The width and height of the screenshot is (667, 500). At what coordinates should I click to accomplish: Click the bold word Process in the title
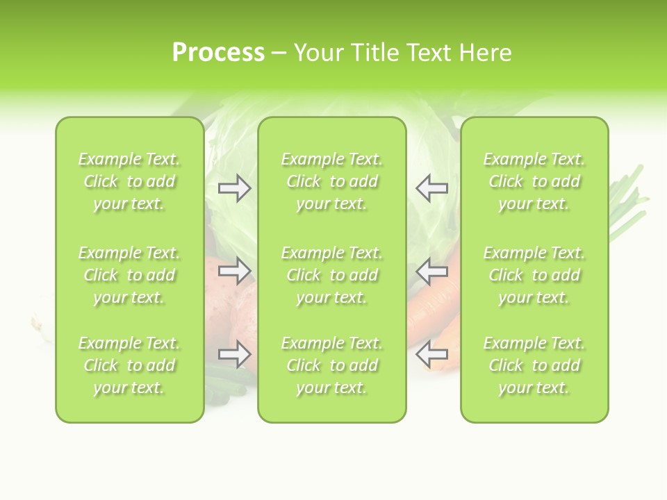[218, 53]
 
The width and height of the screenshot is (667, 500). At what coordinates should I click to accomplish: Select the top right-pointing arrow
[234, 187]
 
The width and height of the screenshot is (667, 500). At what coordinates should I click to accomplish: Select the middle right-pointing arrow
[234, 271]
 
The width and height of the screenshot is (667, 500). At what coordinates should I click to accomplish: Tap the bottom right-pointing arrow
[234, 355]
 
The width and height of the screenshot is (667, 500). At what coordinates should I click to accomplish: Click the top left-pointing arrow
[431, 187]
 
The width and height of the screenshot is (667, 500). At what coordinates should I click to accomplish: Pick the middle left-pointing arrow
[431, 271]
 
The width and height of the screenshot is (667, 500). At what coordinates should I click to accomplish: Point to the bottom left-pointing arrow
[431, 355]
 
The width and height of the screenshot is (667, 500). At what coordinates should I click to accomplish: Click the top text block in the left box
[129, 181]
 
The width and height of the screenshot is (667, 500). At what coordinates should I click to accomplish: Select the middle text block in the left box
[129, 275]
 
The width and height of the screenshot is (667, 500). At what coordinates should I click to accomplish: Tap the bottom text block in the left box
[129, 365]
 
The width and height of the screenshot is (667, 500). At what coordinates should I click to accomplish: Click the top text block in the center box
[331, 181]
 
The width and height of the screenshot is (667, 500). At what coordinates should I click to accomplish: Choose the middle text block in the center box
[331, 275]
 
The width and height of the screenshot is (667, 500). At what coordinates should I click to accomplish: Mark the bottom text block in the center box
[331, 365]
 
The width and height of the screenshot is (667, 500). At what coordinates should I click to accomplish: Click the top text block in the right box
[534, 181]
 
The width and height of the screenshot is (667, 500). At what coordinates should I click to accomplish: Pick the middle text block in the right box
[534, 275]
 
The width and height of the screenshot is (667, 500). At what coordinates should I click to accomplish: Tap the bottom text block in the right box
[534, 365]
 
